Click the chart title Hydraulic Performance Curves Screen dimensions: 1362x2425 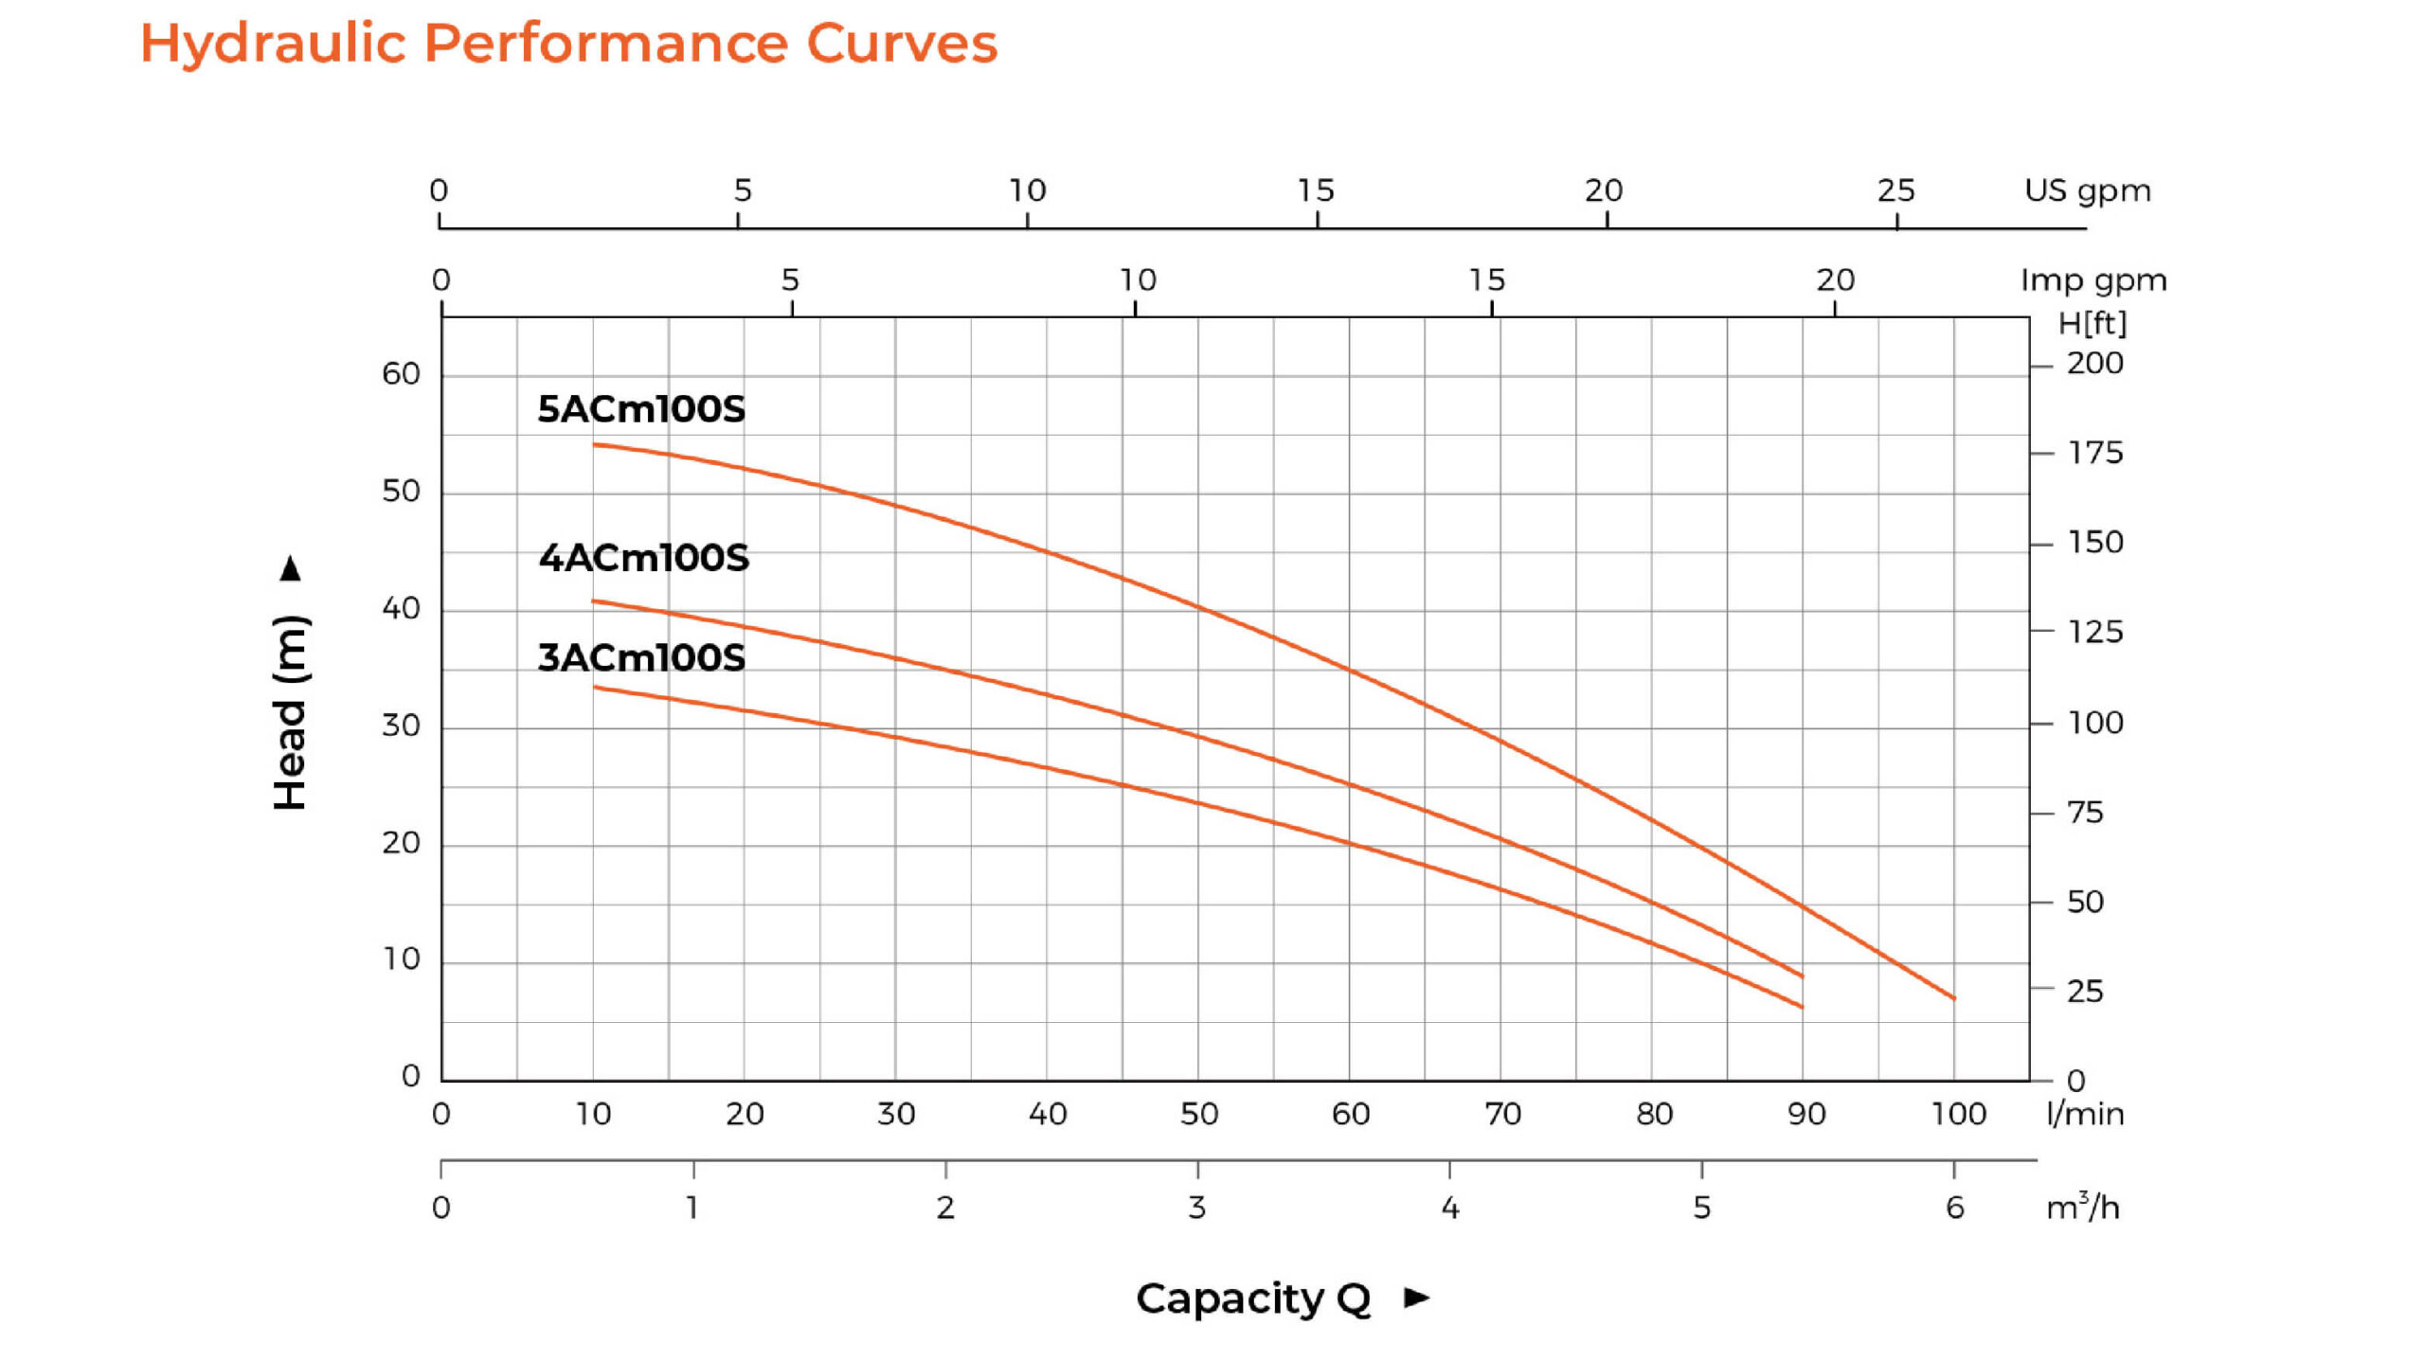[x=568, y=44]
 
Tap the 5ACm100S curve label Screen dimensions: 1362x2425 [x=641, y=409]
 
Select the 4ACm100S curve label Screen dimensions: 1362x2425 [x=643, y=558]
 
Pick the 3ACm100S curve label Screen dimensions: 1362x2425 [x=641, y=657]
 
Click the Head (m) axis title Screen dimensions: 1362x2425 [x=291, y=712]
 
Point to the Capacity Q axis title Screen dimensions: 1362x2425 [x=1252, y=1299]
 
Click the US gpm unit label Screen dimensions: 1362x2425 [x=2087, y=190]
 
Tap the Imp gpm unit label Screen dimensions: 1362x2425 [x=2093, y=280]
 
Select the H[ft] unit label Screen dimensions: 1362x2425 [x=2092, y=324]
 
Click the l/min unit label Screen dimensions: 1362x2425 [x=2084, y=1114]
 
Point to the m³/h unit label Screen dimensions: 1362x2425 [x=2082, y=1208]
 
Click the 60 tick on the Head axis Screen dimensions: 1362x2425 [x=401, y=374]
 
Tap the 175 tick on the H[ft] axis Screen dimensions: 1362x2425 [x=2094, y=453]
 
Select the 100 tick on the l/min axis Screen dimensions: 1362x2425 [x=1958, y=1114]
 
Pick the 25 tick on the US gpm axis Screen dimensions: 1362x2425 [x=1895, y=190]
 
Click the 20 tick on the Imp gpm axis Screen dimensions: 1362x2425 [x=1835, y=280]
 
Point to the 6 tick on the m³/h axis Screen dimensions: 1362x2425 [x=1954, y=1208]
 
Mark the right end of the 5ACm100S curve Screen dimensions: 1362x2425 [x=1953, y=998]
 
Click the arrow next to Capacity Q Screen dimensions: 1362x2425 [x=1417, y=1298]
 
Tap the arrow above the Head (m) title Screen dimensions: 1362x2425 [x=291, y=569]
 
